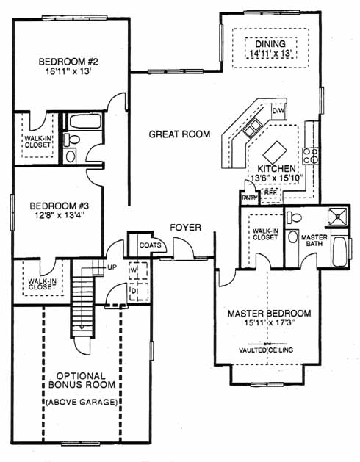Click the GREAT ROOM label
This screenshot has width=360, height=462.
(179, 134)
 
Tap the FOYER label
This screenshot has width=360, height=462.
(186, 228)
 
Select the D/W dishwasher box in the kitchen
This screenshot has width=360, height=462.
(278, 111)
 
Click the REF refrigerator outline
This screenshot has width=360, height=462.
(270, 195)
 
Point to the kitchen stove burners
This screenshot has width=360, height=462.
(311, 156)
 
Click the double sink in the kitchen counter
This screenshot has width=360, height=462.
(252, 127)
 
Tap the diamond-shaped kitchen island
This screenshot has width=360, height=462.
(275, 152)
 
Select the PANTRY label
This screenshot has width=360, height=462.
(250, 198)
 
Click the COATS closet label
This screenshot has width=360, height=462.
(151, 245)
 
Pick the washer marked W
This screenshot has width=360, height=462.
(138, 270)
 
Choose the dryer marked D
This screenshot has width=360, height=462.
(139, 292)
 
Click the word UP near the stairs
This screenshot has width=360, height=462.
(112, 267)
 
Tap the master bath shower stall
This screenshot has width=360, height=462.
(338, 217)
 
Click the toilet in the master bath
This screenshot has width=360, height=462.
(294, 218)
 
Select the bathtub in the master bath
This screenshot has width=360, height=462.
(339, 251)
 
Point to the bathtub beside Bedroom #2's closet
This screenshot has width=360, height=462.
(84, 121)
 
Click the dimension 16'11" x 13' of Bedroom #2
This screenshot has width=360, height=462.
(68, 71)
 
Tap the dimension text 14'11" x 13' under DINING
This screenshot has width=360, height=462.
(270, 54)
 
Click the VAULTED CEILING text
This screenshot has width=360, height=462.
(266, 350)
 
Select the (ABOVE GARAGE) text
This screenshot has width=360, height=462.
(82, 402)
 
